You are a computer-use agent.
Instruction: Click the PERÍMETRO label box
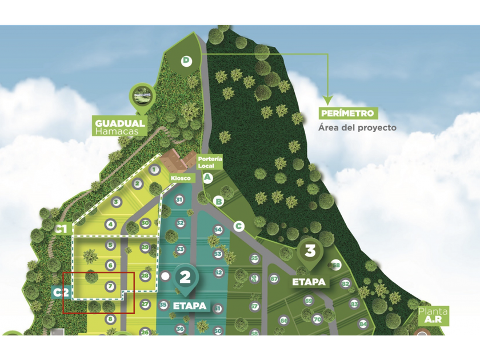point(347,113)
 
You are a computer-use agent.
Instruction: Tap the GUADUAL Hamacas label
point(120,127)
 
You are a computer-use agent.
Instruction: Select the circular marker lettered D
point(186,61)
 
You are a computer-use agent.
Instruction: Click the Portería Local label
point(209,162)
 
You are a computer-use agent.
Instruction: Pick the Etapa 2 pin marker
point(185,278)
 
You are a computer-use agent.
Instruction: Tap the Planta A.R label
point(433,316)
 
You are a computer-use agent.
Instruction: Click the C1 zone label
point(61,230)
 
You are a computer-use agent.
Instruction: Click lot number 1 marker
point(154,170)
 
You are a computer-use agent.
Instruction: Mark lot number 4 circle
point(111,225)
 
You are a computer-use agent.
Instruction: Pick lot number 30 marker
point(146,223)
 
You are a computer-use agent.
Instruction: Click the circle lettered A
point(208,178)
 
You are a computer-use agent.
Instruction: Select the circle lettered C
point(239,226)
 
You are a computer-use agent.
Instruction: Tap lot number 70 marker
point(317,319)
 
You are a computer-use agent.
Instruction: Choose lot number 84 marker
point(363,325)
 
